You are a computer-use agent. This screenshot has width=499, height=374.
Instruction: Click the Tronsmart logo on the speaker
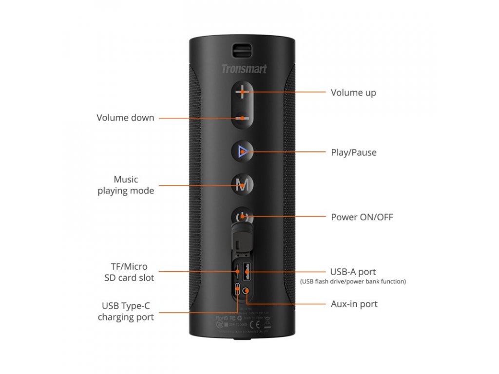[244, 69]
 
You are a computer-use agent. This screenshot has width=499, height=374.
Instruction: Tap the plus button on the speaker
[242, 92]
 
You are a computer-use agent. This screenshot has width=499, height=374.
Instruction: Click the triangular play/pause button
[243, 152]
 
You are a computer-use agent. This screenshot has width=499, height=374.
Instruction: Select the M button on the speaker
[242, 185]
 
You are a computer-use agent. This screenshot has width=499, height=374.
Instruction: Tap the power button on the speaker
[242, 217]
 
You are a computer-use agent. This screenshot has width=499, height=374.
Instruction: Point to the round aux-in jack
[246, 291]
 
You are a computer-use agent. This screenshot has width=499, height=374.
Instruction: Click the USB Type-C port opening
[237, 290]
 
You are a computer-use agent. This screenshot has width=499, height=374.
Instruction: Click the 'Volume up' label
[353, 93]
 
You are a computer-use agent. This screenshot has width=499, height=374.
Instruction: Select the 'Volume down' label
[125, 117]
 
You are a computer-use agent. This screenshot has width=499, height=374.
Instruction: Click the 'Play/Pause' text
[353, 152]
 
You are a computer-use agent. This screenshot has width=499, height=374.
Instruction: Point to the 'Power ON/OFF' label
[362, 217]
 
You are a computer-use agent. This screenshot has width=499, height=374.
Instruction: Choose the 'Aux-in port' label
[354, 304]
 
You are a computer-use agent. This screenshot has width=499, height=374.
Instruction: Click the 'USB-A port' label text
[353, 272]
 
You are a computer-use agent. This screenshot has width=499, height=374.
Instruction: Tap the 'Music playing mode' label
[126, 185]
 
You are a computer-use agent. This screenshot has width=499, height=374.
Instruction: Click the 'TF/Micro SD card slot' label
[129, 272]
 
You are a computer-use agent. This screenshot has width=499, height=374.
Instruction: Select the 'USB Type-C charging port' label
[126, 312]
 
